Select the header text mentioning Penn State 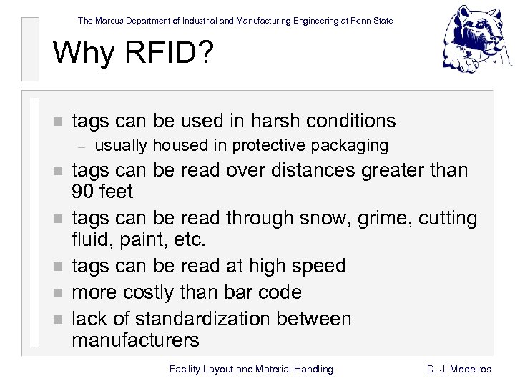point(235,21)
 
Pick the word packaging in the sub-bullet point(353,146)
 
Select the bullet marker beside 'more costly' point(58,293)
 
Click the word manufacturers point(135,340)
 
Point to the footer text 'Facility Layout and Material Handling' point(251,369)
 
